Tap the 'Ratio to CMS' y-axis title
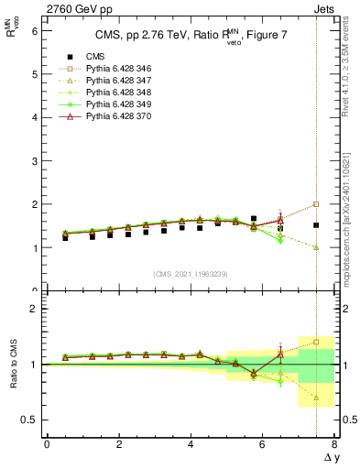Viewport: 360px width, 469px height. (x=14, y=366)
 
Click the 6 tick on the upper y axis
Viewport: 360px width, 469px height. (x=35, y=30)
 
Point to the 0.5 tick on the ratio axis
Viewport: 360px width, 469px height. (x=31, y=420)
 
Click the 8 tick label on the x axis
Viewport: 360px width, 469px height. (x=334, y=443)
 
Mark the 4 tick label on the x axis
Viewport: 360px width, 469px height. (x=191, y=443)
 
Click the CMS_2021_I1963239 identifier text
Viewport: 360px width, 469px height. (x=191, y=274)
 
